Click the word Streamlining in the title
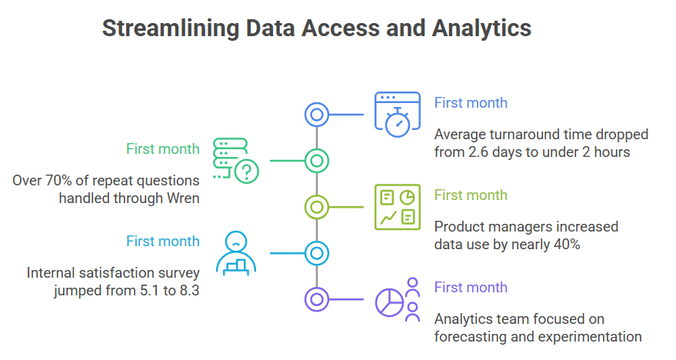[x=171, y=29]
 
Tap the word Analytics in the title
[x=481, y=29]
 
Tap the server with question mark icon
[x=236, y=161]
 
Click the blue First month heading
[x=471, y=102]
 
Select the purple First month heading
[x=471, y=287]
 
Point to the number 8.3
[x=190, y=291]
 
